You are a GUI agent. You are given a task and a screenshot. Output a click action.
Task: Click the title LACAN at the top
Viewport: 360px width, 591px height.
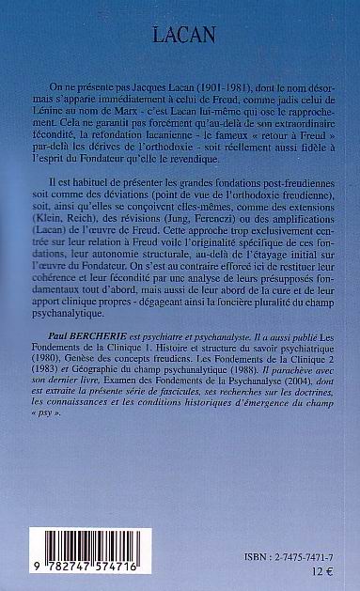[x=180, y=37]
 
